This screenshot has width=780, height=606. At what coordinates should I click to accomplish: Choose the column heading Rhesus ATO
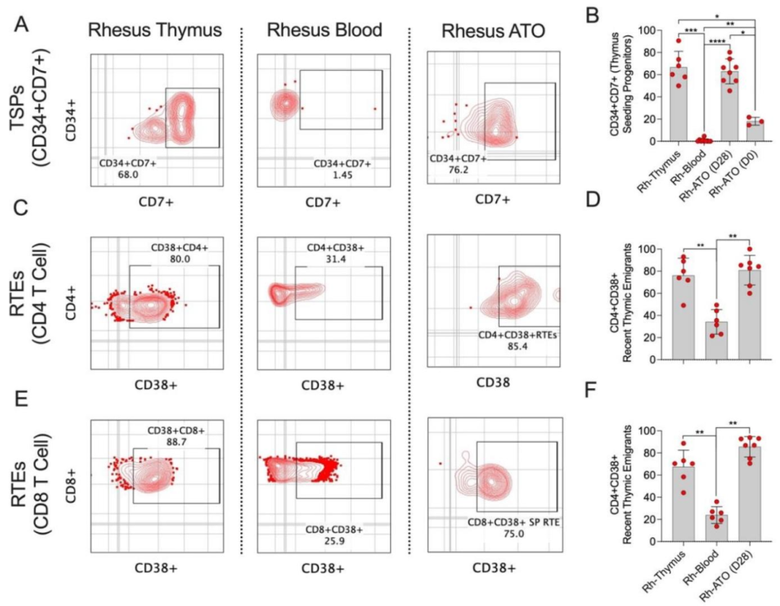(493, 32)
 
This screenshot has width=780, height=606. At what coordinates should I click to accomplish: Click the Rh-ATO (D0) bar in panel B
(735, 131)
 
